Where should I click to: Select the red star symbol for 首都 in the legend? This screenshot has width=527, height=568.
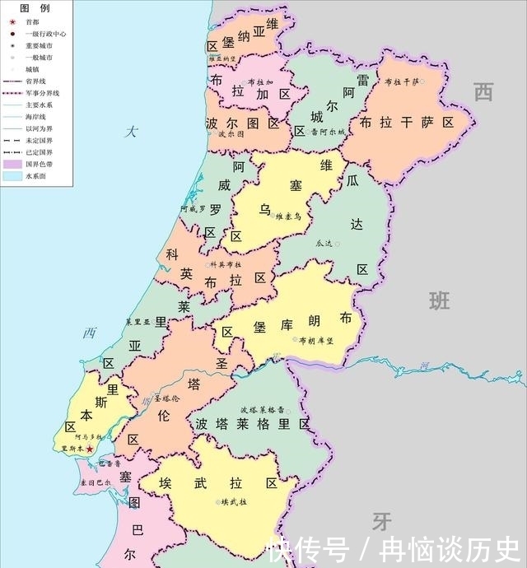[x=12, y=21]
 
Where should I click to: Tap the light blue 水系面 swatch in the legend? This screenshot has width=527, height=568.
[x=12, y=175]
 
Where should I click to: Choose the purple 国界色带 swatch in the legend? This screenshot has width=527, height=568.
[x=12, y=163]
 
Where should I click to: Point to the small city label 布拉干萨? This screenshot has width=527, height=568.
[x=402, y=81]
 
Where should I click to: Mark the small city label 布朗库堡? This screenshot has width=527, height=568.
[x=316, y=340]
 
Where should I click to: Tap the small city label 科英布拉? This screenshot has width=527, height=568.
[x=226, y=264]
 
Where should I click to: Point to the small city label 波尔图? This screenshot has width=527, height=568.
[x=231, y=133]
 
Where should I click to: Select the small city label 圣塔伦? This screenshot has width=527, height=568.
[x=167, y=398]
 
